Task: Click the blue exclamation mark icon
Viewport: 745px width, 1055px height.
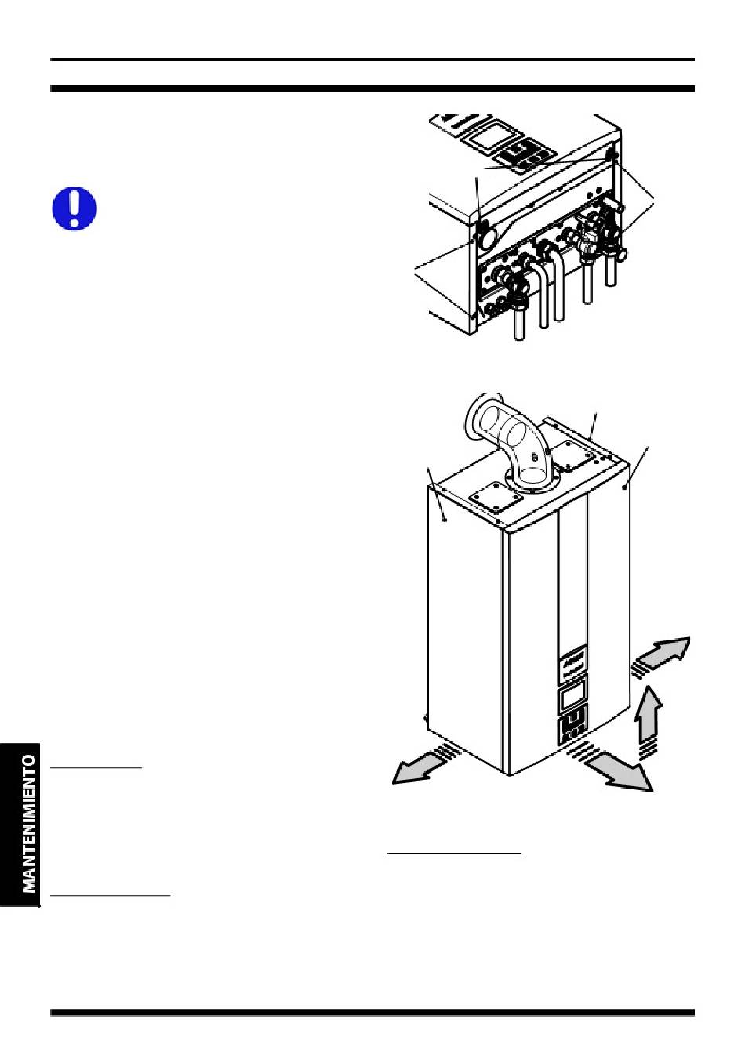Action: pyautogui.click(x=74, y=208)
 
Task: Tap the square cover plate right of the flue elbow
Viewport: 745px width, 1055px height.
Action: pyautogui.click(x=574, y=456)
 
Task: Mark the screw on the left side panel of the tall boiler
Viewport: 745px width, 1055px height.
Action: pyautogui.click(x=445, y=520)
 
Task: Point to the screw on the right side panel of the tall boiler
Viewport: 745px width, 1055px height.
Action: pyautogui.click(x=624, y=488)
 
